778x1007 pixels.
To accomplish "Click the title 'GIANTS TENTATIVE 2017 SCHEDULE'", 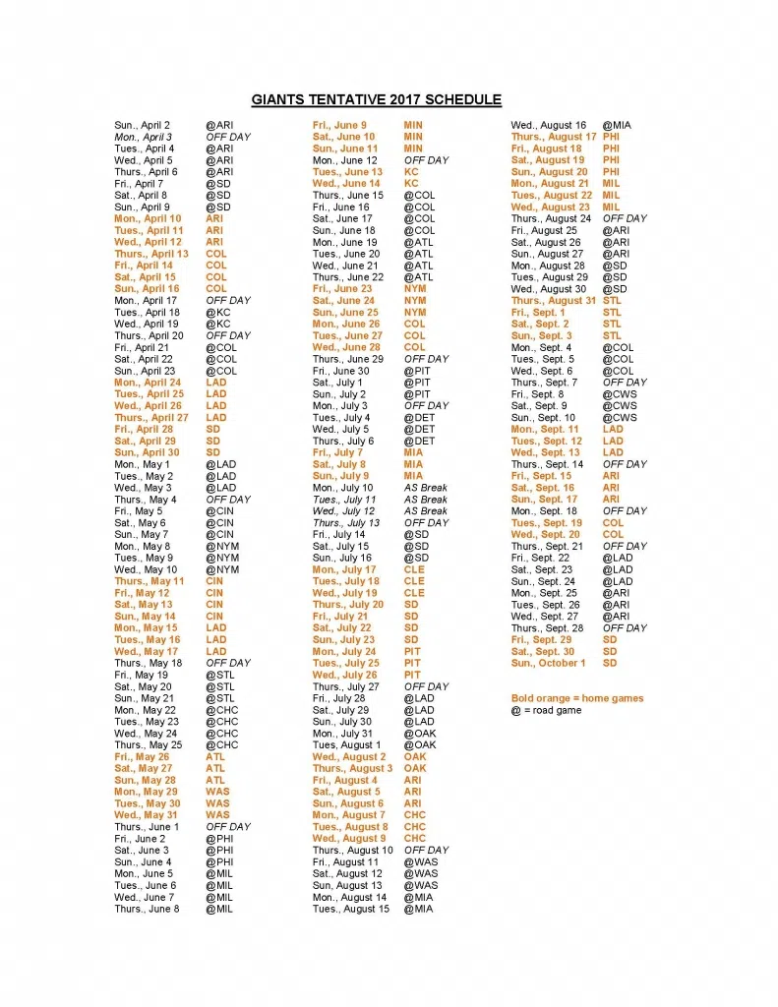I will click(x=376, y=99).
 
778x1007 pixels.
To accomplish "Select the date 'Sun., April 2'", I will click(x=142, y=125).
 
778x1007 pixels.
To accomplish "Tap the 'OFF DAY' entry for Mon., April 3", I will click(x=228, y=137).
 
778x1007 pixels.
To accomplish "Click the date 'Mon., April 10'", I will click(x=148, y=218).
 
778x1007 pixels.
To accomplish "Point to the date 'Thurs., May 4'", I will click(x=146, y=500).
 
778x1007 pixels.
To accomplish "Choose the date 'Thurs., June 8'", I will click(x=147, y=909).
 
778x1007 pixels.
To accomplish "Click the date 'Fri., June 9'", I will click(x=339, y=125).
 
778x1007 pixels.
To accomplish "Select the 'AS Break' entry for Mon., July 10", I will click(x=425, y=488).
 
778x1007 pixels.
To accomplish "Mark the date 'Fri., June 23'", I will click(x=342, y=289).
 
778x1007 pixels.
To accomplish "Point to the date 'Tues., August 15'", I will click(x=351, y=909).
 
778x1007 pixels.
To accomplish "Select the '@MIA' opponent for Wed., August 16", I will click(x=617, y=125).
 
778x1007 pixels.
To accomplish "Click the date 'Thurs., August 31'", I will click(x=554, y=301).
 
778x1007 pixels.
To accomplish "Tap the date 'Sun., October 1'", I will click(x=549, y=663).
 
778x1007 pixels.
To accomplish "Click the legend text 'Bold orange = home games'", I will click(x=576, y=698).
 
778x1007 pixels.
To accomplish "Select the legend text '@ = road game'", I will click(x=546, y=710).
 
